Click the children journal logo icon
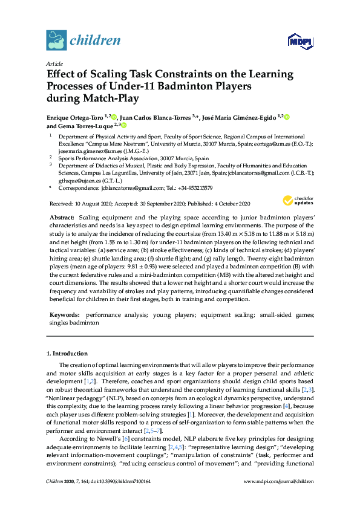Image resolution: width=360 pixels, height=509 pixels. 56,41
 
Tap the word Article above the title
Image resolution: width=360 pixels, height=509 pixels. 54,63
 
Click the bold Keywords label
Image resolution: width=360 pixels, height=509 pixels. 65,315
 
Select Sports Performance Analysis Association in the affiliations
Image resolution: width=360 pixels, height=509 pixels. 116,158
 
